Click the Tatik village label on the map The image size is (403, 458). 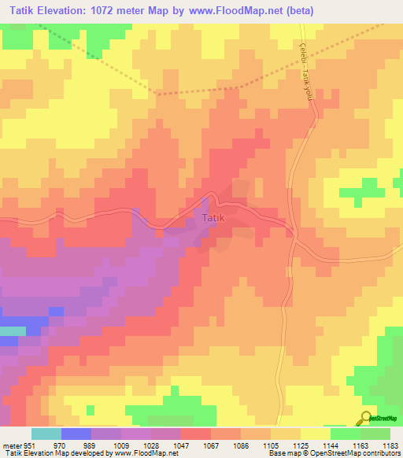point(213,218)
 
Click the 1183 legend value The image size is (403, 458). point(390,445)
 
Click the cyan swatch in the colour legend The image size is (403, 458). point(46,434)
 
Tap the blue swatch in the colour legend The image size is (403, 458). point(76,434)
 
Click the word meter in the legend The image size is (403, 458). point(12,445)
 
